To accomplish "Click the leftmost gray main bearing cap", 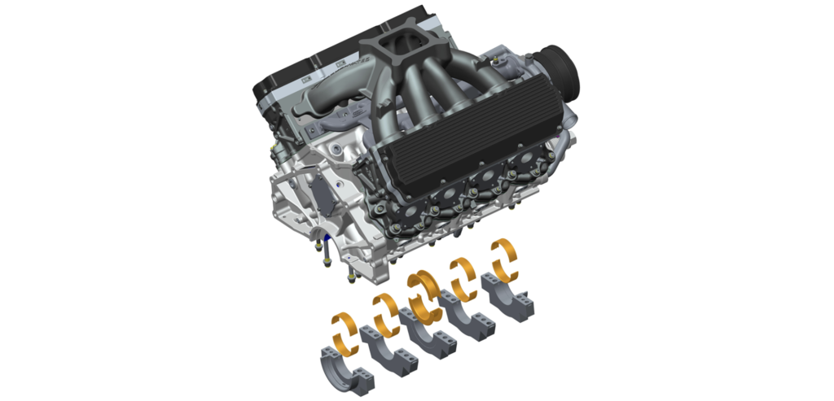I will pyautogui.click(x=343, y=364).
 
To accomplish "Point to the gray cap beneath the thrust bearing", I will pyautogui.click(x=423, y=331).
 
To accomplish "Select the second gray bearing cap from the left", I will pyautogui.click(x=384, y=350).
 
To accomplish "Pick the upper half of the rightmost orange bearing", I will pyautogui.click(x=504, y=249).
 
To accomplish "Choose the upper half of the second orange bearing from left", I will pyautogui.click(x=384, y=304).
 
